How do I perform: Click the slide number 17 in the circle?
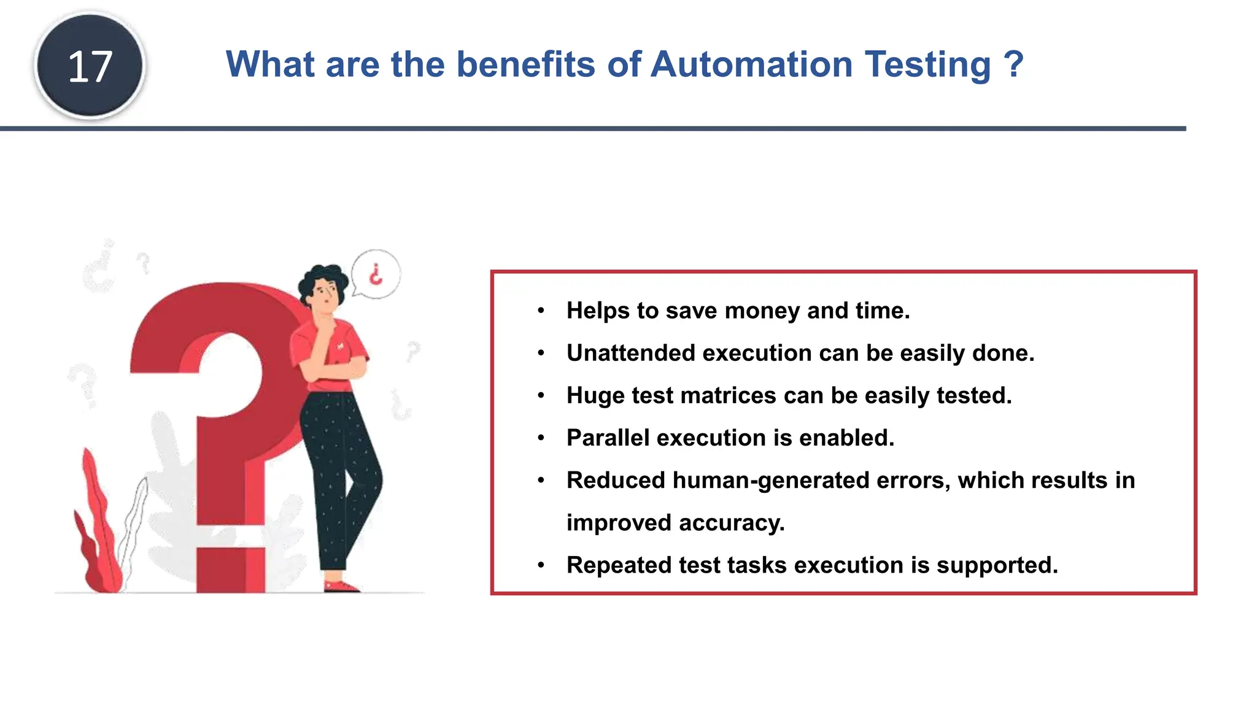coord(90,66)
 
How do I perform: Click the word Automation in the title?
coord(751,64)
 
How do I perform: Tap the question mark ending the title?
coord(1013,64)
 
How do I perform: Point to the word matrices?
coord(728,395)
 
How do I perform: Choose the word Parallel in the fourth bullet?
coord(608,438)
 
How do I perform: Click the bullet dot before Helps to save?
coord(541,311)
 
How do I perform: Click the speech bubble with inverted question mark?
coord(376,274)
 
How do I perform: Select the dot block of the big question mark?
coord(231,568)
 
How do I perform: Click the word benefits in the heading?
coord(525,64)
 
